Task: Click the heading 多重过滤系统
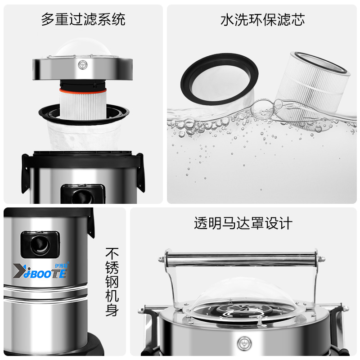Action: (83, 19)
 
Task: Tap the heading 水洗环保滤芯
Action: (262, 20)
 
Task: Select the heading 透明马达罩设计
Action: (243, 223)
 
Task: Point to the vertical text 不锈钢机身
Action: (112, 282)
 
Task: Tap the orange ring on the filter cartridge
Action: (83, 90)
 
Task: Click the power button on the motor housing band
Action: (83, 65)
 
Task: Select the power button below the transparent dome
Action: (244, 344)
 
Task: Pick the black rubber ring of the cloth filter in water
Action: (219, 79)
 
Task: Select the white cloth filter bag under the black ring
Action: (84, 135)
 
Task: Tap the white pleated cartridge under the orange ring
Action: (83, 106)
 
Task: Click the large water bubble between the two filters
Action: (262, 111)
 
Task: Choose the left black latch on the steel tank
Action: (26, 173)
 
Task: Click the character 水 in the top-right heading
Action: (227, 20)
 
